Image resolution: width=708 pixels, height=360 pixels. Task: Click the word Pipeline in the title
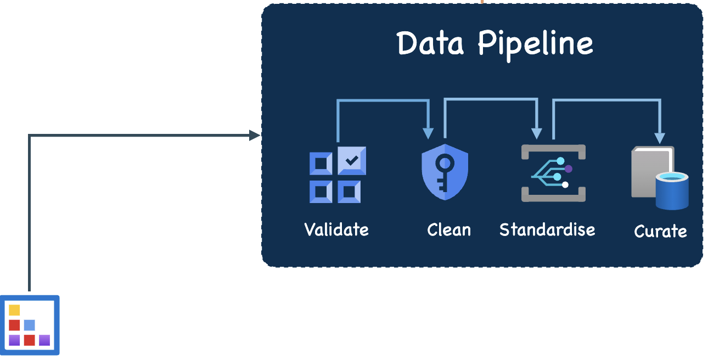[x=535, y=44]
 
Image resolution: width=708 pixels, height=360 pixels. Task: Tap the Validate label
[x=336, y=229]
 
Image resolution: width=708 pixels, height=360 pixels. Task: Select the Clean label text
[x=448, y=229]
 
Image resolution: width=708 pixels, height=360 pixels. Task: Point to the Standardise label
[x=547, y=229]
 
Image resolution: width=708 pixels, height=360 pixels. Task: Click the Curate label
[x=660, y=231]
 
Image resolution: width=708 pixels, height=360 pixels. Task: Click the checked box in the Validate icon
[x=352, y=161]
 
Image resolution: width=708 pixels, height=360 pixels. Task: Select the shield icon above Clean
[x=445, y=172]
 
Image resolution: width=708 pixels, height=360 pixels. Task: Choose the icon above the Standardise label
[x=553, y=173]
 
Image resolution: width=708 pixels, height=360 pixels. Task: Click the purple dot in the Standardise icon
[x=568, y=168]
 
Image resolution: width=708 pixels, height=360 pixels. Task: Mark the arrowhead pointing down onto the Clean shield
[x=428, y=133]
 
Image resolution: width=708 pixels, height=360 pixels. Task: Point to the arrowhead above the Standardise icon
[x=537, y=133]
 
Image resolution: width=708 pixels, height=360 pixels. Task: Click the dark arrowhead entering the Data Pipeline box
[x=255, y=135]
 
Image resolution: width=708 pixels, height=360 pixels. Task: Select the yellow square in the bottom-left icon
[x=14, y=310]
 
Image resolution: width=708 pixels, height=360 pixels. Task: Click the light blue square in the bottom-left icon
[x=30, y=325]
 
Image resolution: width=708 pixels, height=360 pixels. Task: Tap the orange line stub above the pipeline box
[x=482, y=2]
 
